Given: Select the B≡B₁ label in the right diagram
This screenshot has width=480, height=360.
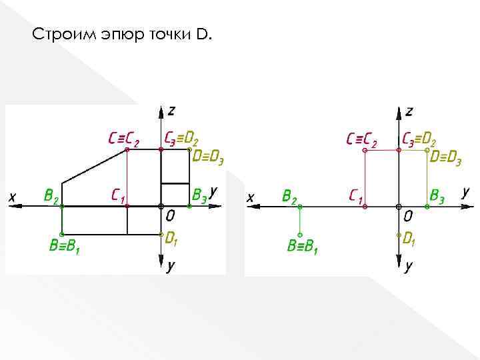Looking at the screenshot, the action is click(303, 246).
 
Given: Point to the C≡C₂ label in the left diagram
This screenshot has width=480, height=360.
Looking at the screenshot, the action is click(124, 140).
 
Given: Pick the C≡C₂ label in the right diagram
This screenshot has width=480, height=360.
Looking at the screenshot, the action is click(361, 140).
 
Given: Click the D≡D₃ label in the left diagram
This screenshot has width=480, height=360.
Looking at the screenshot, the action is click(207, 158).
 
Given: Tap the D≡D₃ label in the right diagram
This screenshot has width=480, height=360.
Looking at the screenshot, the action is click(445, 158).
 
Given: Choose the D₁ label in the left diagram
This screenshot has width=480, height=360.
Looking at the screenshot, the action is click(171, 238).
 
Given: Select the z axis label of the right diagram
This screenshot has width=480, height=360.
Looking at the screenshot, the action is click(409, 110).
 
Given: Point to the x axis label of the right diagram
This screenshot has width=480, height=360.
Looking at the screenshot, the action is click(250, 197).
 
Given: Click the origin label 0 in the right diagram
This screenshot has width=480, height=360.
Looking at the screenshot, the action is click(408, 217).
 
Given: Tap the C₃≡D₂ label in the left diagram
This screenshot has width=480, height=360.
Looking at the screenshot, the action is click(181, 138).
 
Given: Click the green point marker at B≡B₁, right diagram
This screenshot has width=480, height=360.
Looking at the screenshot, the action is click(301, 235).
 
